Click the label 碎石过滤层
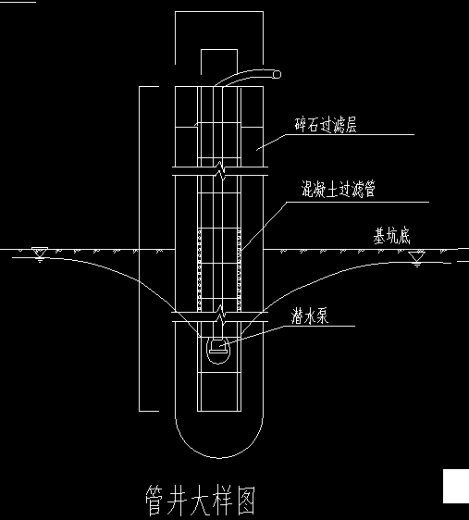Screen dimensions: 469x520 tap(326, 125)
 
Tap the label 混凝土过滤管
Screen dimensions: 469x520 tap(338, 190)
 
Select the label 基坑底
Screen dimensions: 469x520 tap(392, 236)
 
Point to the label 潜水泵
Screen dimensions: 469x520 tap(310, 316)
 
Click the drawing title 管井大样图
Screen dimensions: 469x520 tap(201, 500)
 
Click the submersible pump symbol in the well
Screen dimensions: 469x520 tap(218, 350)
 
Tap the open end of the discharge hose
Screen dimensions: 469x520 tap(277, 74)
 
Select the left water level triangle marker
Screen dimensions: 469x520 tap(40, 253)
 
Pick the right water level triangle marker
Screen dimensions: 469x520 tap(416, 257)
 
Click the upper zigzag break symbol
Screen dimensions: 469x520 tap(220, 171)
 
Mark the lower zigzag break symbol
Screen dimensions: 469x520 tap(220, 316)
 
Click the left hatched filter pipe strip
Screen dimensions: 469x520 tap(199, 270)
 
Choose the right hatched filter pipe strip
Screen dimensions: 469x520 tap(239, 270)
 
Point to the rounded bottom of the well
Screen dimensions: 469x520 tap(219, 458)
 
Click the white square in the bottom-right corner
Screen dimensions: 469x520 tap(456, 486)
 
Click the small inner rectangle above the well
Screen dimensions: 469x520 tap(219, 50)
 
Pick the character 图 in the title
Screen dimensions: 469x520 tap(246, 500)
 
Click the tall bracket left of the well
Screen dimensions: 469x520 tap(139, 249)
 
